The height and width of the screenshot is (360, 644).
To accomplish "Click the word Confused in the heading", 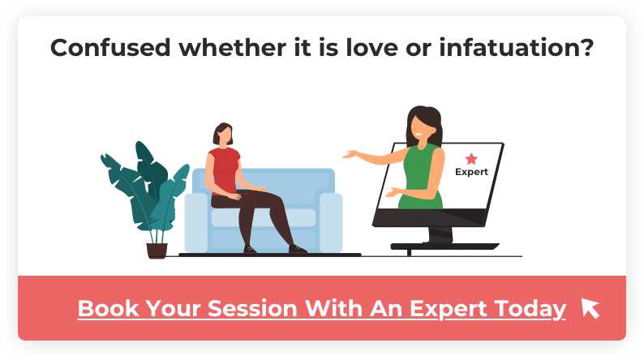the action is [110, 48].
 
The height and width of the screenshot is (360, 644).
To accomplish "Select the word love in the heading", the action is [372, 48].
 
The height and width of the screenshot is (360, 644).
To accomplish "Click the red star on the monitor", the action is [471, 158].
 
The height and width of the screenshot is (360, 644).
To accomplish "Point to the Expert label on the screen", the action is [471, 172].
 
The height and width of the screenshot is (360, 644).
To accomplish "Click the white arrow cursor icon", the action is [590, 308].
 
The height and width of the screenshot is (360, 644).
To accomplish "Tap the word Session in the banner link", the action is [252, 308].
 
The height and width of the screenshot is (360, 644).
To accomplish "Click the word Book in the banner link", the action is [109, 308].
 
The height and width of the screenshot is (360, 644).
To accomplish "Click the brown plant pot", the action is [157, 251].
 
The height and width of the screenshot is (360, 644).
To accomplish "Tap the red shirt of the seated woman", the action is [224, 171].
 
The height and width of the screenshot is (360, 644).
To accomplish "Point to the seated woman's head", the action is [223, 134].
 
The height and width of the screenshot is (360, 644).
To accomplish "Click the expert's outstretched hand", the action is [350, 155].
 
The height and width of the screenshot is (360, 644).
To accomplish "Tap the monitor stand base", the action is [444, 246].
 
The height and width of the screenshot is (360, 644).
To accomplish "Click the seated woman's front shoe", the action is [298, 249].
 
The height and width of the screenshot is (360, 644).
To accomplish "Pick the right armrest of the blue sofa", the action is [331, 222].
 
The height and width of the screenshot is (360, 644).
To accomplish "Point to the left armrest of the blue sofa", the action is [196, 222].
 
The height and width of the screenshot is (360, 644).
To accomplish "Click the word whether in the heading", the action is [232, 48].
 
